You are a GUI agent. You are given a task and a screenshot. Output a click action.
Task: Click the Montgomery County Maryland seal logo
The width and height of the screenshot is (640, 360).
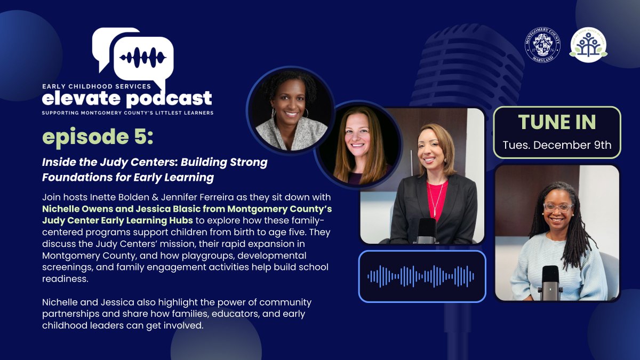543,44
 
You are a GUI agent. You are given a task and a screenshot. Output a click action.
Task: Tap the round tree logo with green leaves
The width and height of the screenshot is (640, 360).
588,44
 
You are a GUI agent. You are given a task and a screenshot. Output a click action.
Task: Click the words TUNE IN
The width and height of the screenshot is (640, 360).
557,123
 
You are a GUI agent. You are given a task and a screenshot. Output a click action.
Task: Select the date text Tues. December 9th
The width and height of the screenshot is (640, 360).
557,145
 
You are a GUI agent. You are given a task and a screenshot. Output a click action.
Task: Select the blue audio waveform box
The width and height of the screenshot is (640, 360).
422,276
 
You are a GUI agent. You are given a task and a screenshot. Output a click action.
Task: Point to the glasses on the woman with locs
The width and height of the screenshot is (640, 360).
558,207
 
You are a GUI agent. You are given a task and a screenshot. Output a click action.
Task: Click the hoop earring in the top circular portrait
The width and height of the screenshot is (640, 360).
306,114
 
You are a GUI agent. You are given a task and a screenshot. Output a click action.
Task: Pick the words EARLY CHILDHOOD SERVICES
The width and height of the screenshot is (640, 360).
97,85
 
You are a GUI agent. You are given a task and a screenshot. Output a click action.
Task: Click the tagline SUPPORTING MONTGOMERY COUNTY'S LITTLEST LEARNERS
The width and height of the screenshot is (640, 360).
128,113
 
